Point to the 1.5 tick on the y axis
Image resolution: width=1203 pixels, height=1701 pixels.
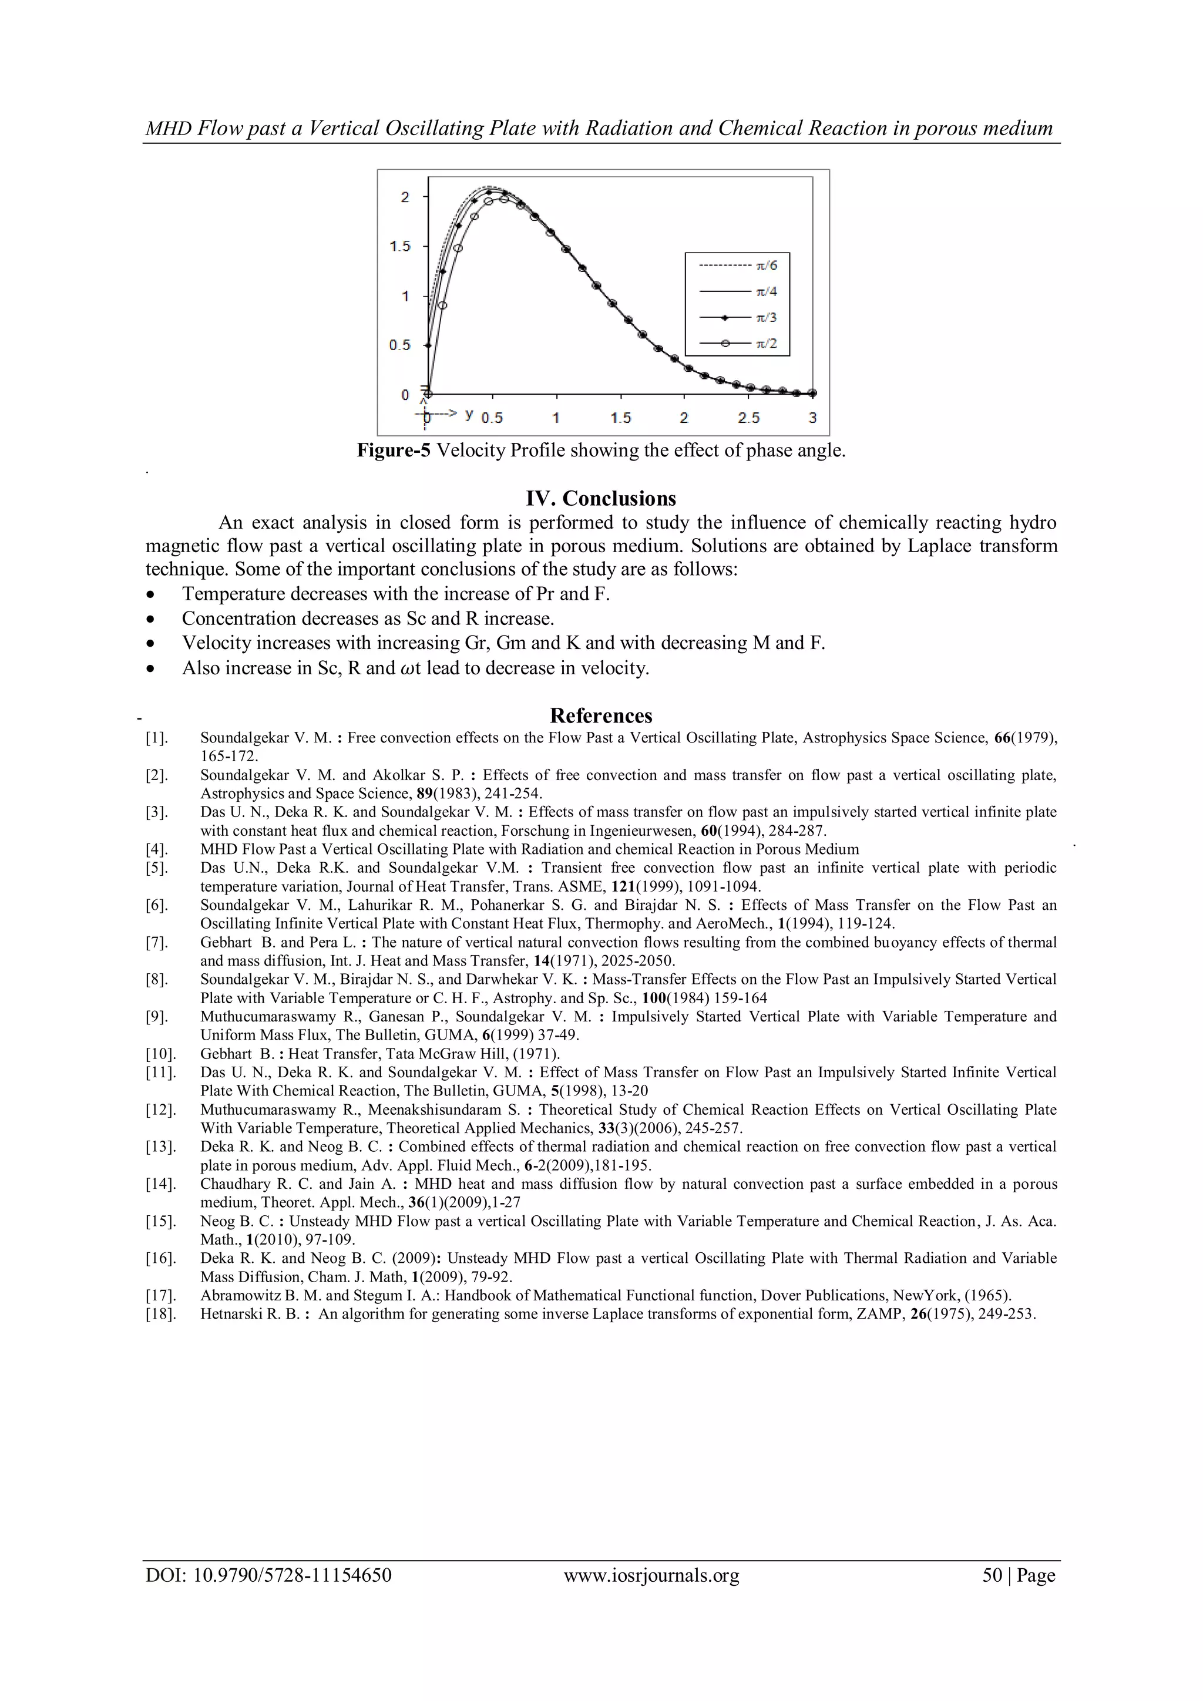click(x=400, y=246)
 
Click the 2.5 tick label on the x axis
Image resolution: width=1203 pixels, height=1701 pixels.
click(x=748, y=418)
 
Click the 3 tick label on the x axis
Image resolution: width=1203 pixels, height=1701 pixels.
click(x=812, y=418)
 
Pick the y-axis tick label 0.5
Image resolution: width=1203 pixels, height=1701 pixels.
click(x=400, y=345)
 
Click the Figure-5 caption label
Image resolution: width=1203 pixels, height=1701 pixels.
click(x=394, y=451)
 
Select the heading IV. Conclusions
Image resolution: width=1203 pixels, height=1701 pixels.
click(x=601, y=498)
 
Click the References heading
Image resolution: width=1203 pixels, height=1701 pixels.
click(x=601, y=715)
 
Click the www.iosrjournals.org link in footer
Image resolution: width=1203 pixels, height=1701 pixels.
click(x=651, y=1575)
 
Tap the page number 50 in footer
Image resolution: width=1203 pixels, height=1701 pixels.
click(x=992, y=1575)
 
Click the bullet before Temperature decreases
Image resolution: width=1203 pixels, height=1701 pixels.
click(x=151, y=595)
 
